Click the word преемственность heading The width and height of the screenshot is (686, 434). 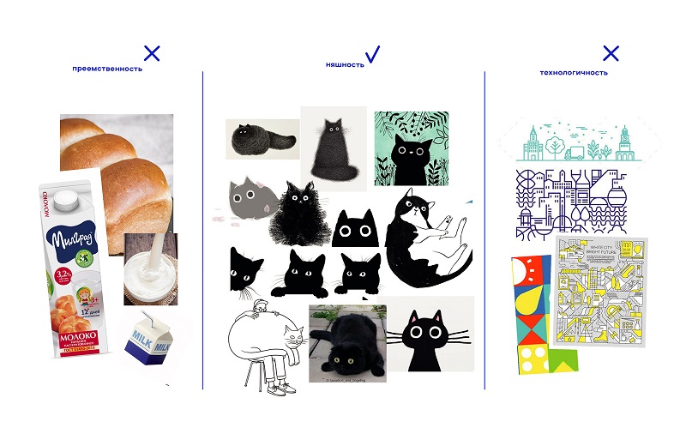pos(107,69)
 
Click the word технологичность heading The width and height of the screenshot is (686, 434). pos(574,73)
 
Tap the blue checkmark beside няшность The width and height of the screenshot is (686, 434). pos(372,56)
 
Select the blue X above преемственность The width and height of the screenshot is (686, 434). pos(152,53)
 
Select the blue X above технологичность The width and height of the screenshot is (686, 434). pos(611,54)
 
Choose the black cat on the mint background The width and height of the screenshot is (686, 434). pos(410,149)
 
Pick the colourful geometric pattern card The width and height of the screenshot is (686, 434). pos(535,316)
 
